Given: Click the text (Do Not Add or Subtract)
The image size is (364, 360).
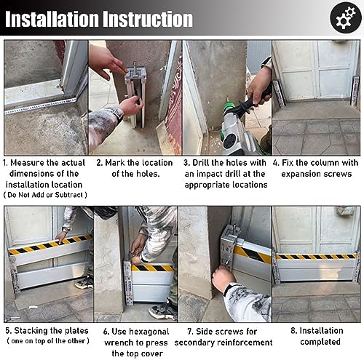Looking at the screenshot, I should (46, 196).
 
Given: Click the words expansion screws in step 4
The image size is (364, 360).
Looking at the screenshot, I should (316, 174).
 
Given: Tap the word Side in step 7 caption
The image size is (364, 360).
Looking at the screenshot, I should (205, 332).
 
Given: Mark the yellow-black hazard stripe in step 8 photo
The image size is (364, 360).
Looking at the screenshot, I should (316, 256).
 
